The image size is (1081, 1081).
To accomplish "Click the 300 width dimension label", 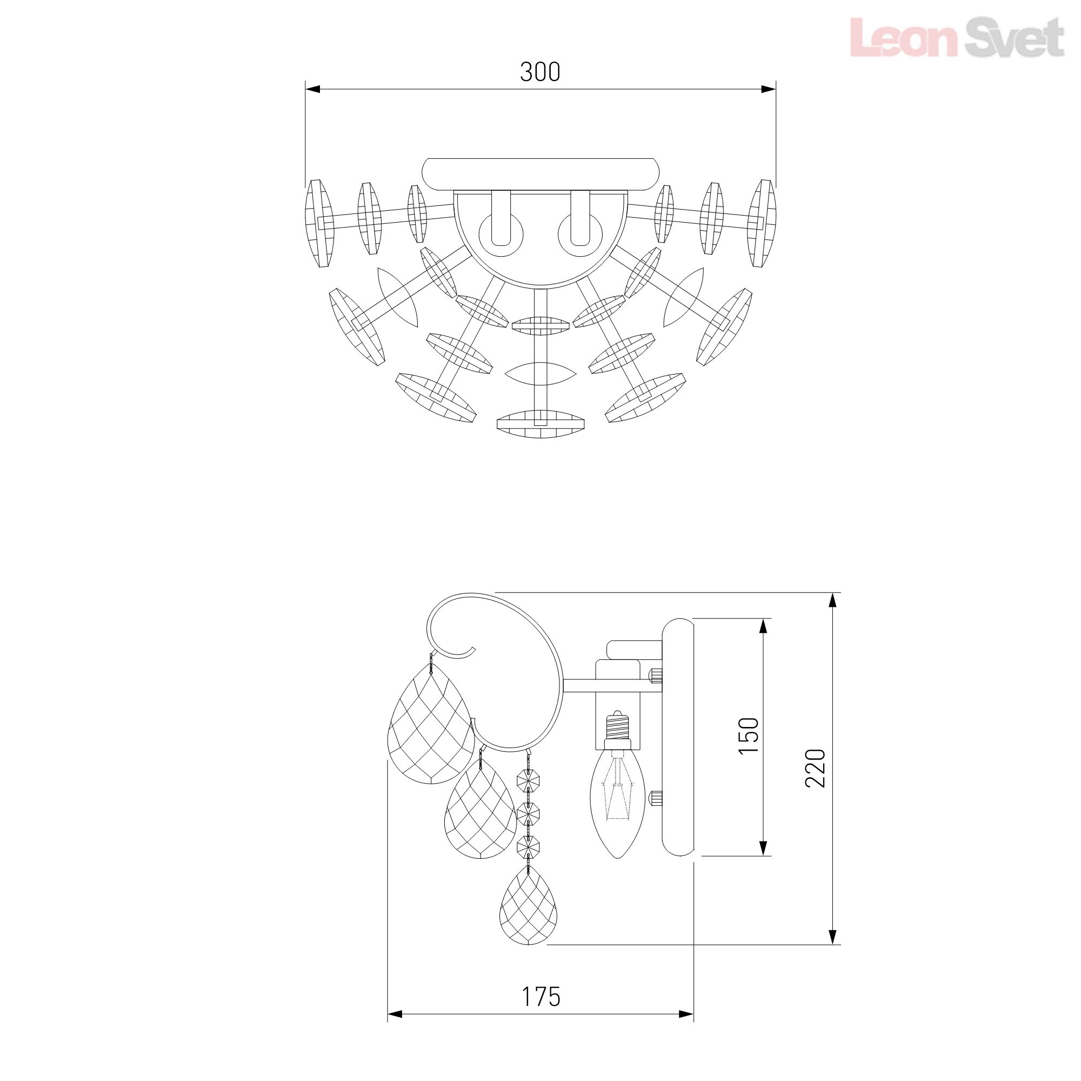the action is pyautogui.click(x=540, y=72).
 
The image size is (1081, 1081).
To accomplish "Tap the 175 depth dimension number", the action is pyautogui.click(x=541, y=997).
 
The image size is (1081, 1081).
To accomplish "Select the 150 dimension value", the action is pyautogui.click(x=749, y=736).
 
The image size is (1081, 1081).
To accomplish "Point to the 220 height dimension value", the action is pyautogui.click(x=815, y=767).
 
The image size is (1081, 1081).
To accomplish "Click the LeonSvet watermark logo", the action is pyautogui.click(x=957, y=37).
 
